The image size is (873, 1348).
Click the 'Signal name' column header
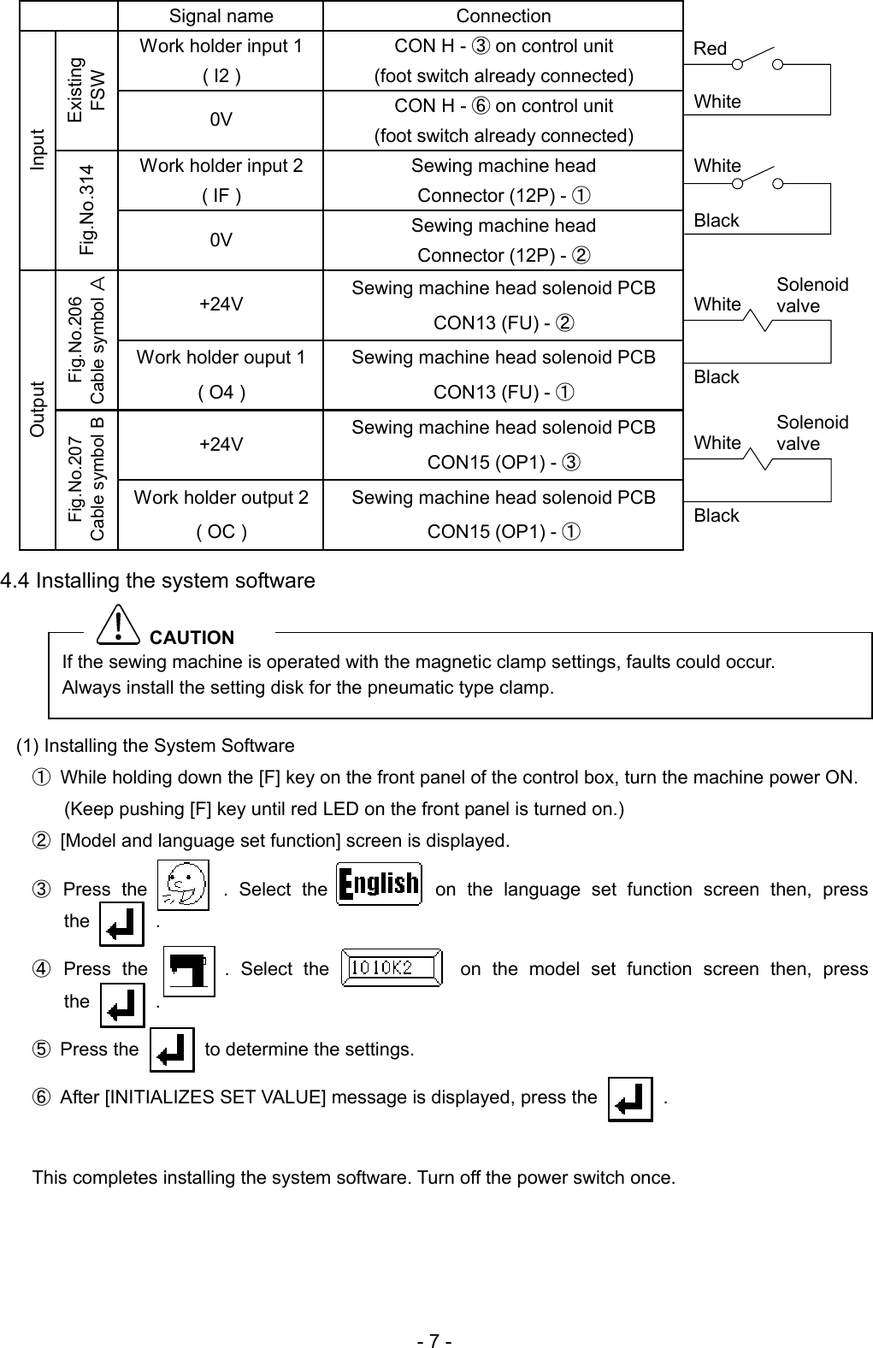221,16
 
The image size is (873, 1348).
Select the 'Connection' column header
503,16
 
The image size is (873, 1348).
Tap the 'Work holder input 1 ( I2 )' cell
221,61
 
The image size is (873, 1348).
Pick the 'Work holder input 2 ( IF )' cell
221,180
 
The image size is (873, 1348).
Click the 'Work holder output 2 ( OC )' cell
221,514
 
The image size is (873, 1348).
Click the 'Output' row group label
38,410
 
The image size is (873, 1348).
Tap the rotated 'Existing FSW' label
86,91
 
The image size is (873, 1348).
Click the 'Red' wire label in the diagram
711,49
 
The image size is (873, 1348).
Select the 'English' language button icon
380,884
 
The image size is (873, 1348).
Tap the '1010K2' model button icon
392,968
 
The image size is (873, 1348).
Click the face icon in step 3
185,885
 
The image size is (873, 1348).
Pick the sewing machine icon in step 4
188,972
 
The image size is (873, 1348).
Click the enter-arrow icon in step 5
172,1049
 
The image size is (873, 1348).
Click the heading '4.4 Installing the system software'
158,582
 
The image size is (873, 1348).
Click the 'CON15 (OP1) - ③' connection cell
504,445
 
